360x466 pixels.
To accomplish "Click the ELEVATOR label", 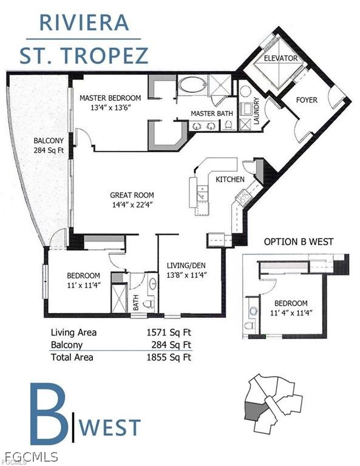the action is [280, 58].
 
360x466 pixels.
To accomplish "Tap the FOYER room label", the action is [307, 100].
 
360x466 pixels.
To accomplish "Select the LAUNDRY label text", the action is [257, 110].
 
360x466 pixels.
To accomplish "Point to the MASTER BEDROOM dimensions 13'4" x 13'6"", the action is [110, 107].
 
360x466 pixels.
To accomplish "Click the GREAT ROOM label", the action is [132, 195].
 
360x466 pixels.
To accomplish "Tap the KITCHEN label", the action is [230, 179].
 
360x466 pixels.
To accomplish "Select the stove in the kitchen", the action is [243, 198].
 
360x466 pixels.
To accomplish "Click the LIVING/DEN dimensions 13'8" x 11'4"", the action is [186, 275].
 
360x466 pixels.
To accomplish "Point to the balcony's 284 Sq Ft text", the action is [49, 150].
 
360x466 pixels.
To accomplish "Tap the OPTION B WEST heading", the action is [299, 241].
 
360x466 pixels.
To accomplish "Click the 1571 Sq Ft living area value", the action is [169, 332].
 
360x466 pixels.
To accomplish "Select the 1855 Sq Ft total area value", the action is [169, 357].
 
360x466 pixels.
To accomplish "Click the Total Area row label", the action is [72, 357].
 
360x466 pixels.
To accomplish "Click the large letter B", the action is [48, 412].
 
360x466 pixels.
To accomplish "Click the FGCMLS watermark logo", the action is [31, 456].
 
